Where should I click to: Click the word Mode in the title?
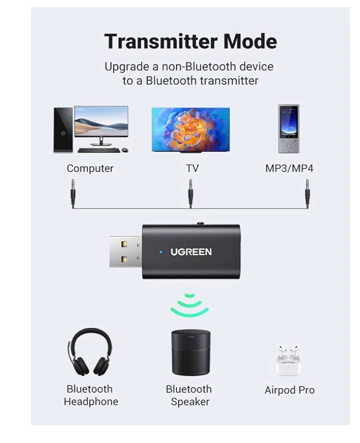point(251,41)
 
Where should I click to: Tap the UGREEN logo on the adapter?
point(191,252)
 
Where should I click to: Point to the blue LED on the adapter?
point(161,252)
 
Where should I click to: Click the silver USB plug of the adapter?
point(125,251)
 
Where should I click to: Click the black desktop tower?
point(63,129)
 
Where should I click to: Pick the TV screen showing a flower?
point(191,129)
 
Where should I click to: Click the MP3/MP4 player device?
point(288,128)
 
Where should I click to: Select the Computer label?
point(90,169)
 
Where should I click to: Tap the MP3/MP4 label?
point(289,169)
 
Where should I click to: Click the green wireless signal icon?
point(190,306)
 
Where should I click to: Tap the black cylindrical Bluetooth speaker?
point(191,352)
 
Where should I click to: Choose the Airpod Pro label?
point(289,390)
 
